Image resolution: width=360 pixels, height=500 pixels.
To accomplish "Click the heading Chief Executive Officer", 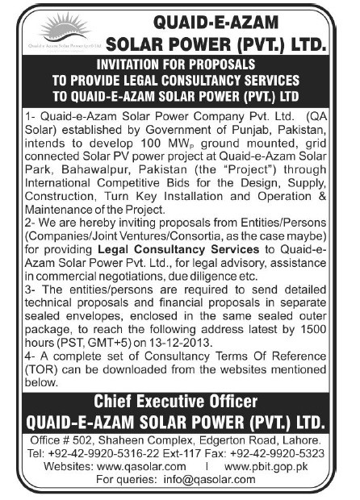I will (180, 400).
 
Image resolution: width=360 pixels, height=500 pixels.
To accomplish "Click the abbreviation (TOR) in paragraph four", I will (43, 368).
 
